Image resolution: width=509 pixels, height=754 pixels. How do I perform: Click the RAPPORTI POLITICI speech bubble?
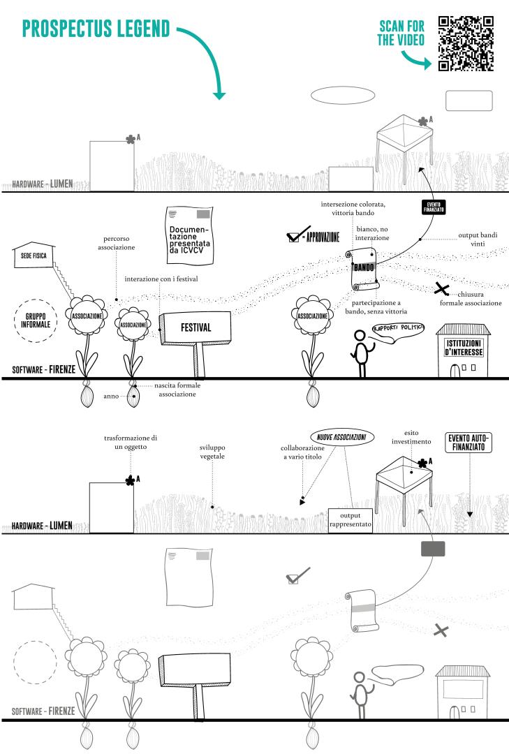[x=398, y=328]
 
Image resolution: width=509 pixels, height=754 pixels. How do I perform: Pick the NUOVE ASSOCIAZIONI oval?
[x=343, y=436]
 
